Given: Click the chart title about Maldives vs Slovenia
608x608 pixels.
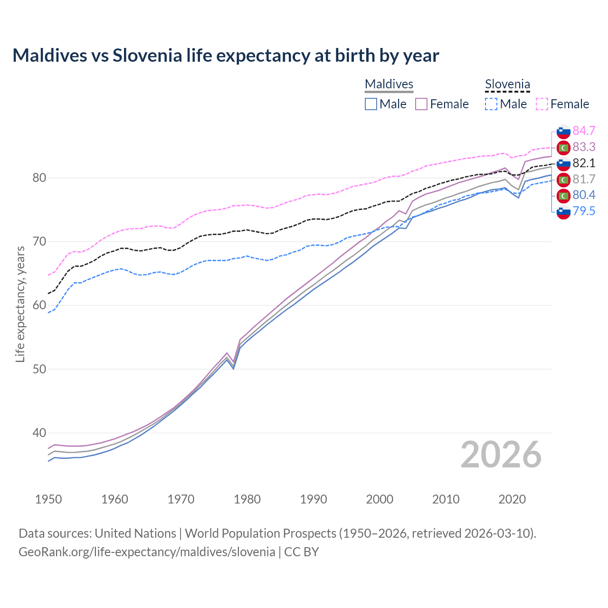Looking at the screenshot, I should tap(226, 56).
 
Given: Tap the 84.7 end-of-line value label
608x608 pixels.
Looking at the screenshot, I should tap(584, 131).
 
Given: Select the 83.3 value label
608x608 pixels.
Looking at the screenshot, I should tap(584, 147).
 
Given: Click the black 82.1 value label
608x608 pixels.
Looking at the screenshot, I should tap(584, 163).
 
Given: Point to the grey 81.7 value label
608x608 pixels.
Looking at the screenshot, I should tap(584, 179).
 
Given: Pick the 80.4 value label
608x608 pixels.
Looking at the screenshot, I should tap(584, 195).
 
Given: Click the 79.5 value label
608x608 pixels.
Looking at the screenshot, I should tap(584, 211).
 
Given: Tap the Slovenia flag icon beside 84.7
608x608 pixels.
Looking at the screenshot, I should tap(563, 131).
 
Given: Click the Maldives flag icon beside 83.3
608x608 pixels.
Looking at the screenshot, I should tap(563, 147).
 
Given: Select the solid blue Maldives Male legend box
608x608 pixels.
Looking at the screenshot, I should tap(371, 104).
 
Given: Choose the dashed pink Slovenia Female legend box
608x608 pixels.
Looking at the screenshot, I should tap(542, 104).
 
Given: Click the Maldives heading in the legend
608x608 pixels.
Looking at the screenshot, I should tap(389, 84).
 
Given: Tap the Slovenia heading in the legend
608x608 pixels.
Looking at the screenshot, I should tap(507, 84).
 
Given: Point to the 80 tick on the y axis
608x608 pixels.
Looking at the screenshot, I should tap(39, 178).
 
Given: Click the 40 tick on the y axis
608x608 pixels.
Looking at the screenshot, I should tap(39, 433).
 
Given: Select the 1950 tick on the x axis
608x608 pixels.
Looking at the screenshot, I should tap(48, 499).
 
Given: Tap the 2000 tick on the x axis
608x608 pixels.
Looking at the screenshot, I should tap(380, 499).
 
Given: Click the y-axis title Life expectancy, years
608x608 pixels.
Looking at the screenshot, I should tap(20, 304).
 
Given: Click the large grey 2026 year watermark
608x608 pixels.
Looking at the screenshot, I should tap(501, 455).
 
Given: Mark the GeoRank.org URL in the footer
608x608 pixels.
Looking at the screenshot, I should tap(147, 551).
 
